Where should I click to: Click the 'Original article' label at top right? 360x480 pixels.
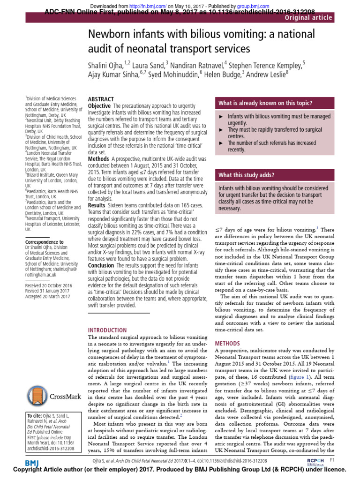click(308, 18)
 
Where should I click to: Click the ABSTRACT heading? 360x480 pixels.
click(101, 99)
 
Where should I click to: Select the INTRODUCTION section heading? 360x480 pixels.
click(107, 330)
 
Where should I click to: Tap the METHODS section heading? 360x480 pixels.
click(227, 343)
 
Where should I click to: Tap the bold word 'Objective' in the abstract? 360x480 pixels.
click(99, 106)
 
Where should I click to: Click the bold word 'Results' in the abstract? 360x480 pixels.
click(97, 205)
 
